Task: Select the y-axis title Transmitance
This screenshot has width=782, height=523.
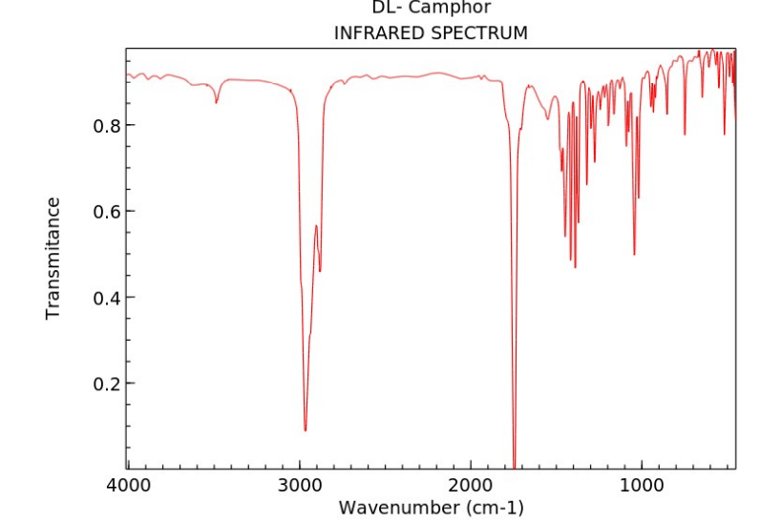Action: (x=53, y=258)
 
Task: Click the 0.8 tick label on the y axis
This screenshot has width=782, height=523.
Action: (x=101, y=125)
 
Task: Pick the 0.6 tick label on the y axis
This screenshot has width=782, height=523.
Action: (x=101, y=211)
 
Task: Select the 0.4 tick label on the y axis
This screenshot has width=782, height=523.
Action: (x=101, y=297)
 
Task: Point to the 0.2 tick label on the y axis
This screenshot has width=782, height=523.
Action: (x=101, y=384)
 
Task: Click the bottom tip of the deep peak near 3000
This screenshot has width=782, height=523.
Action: (x=306, y=430)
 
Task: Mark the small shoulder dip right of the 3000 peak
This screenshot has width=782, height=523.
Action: (x=320, y=271)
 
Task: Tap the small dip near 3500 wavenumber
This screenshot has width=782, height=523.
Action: (x=217, y=102)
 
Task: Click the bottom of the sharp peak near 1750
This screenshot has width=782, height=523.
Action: (x=514, y=465)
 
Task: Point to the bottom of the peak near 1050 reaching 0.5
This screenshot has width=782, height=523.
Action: (x=634, y=255)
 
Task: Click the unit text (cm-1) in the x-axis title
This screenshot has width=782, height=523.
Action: (x=494, y=507)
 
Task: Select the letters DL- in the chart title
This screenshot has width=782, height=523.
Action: (x=390, y=8)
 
